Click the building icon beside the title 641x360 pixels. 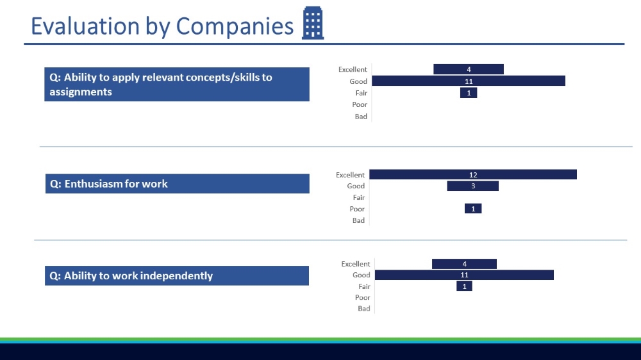313,23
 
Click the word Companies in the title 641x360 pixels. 235,26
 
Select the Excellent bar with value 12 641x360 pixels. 473,174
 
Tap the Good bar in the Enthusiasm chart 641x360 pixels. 472,186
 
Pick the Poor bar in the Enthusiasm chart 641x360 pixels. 473,209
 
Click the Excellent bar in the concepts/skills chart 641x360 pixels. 469,69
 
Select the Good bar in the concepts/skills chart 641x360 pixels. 469,81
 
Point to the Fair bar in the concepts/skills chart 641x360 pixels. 469,93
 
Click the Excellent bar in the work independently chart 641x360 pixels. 464,264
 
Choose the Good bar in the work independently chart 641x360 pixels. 464,275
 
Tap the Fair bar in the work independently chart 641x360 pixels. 464,286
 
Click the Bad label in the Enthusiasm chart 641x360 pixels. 358,220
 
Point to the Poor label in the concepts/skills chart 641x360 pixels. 360,104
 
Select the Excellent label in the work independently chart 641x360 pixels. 356,264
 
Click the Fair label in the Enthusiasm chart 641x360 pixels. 359,197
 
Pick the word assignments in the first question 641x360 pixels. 81,92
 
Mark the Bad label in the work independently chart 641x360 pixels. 364,309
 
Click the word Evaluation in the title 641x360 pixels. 85,26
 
